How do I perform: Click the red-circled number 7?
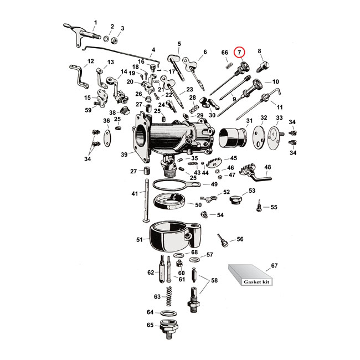click(239, 52)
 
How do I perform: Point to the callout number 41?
click(134, 194)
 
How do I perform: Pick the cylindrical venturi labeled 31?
click(232, 137)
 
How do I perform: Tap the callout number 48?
click(268, 167)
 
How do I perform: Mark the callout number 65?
click(150, 325)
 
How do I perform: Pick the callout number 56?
click(240, 240)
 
